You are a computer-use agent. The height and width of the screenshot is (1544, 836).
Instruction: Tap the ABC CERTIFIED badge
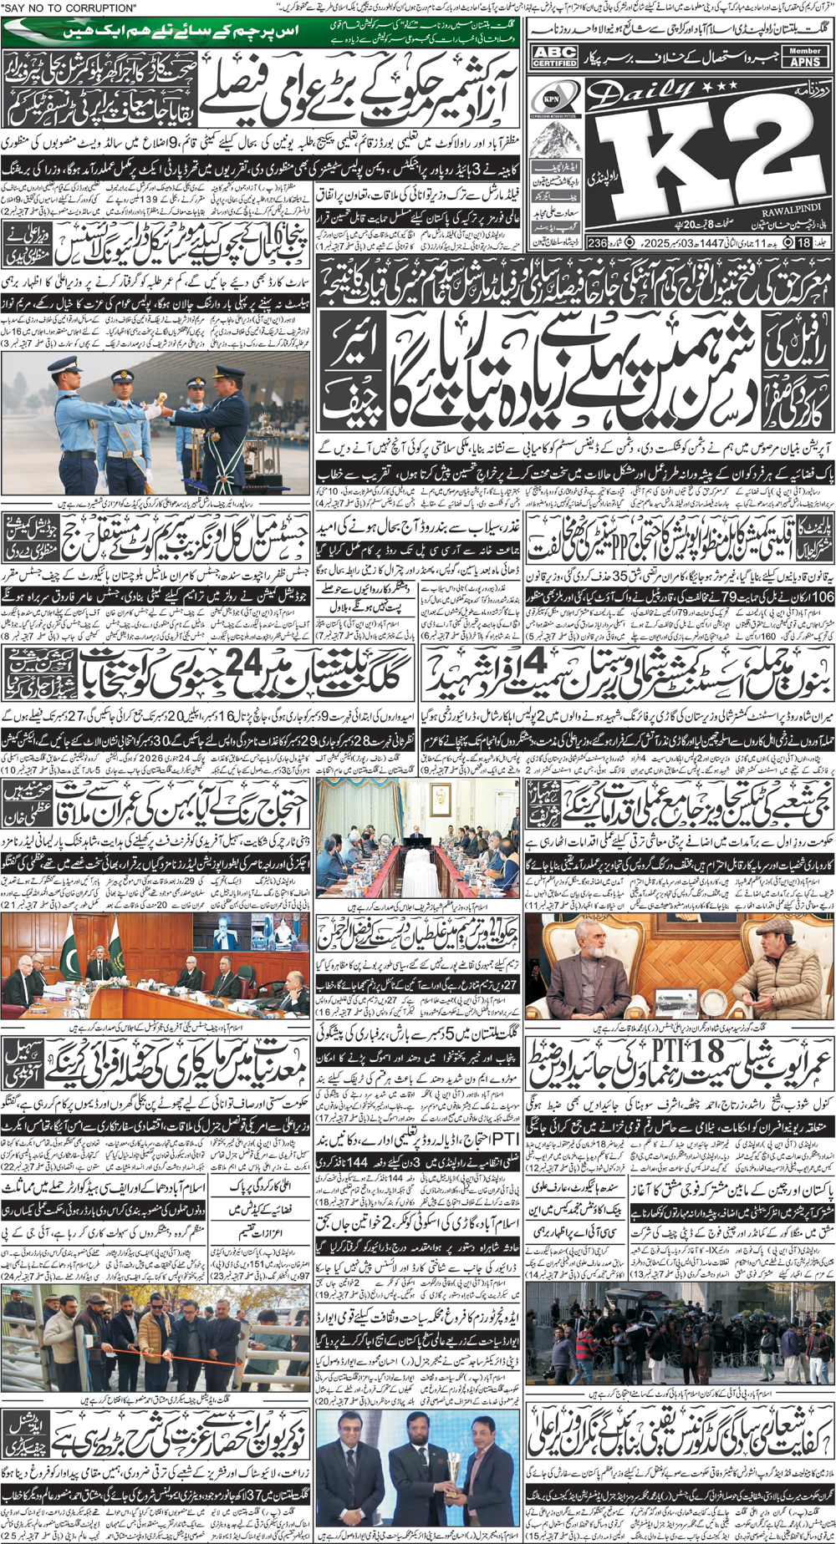555,57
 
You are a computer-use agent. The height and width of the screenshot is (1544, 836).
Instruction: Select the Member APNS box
805,57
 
